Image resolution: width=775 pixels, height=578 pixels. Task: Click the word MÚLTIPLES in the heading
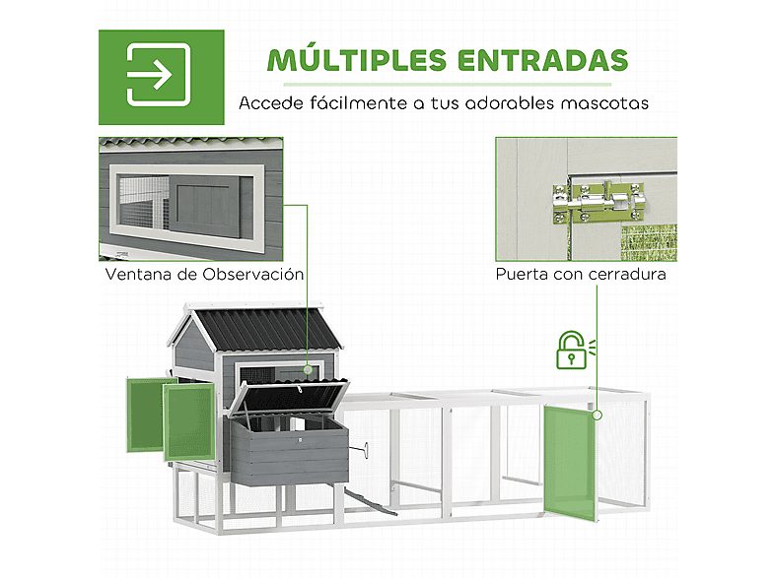click(x=357, y=59)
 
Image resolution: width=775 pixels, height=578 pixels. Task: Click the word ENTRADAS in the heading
click(x=542, y=60)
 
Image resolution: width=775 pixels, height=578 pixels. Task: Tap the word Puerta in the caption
click(x=522, y=274)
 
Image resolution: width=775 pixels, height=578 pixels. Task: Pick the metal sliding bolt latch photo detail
click(x=600, y=203)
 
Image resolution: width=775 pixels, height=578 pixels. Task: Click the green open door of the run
click(x=570, y=464)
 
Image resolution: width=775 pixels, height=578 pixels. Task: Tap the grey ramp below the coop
click(x=370, y=500)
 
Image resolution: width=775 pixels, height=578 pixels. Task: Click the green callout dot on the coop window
click(x=308, y=369)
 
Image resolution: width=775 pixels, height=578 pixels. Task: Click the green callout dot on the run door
click(x=598, y=416)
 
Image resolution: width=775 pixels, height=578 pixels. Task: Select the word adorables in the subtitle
click(x=510, y=103)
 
